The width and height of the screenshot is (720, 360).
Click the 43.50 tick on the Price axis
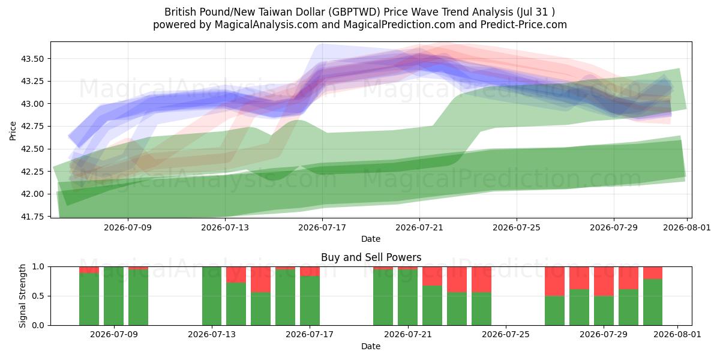pyautogui.click(x=32, y=59)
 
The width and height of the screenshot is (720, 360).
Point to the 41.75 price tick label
pyautogui.click(x=32, y=217)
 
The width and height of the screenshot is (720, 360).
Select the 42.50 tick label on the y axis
pyautogui.click(x=32, y=149)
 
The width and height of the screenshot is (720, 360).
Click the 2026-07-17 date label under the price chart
pyautogui.click(x=322, y=227)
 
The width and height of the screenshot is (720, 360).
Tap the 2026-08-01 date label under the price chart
pyautogui.click(x=687, y=227)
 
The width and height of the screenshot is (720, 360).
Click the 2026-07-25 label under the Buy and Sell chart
pyautogui.click(x=506, y=334)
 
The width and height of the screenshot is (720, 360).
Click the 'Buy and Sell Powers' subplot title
pyautogui.click(x=371, y=257)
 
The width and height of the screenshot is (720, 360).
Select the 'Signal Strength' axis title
pyautogui.click(x=22, y=296)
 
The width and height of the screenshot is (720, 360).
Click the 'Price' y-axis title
pyautogui.click(x=13, y=131)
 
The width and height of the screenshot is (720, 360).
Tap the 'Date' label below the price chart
pyautogui.click(x=371, y=239)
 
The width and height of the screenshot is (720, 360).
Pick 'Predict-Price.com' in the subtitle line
pyautogui.click(x=524, y=25)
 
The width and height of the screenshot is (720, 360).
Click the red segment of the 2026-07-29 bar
pyautogui.click(x=604, y=281)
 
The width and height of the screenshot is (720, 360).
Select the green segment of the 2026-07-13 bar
pyautogui.click(x=212, y=296)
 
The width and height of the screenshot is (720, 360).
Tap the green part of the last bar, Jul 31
pyautogui.click(x=653, y=302)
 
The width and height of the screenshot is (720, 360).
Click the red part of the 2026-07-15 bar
pyautogui.click(x=260, y=280)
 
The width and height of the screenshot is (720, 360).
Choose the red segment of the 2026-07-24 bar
pyautogui.click(x=481, y=280)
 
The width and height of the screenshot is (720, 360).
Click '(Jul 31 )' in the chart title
pyautogui.click(x=536, y=12)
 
